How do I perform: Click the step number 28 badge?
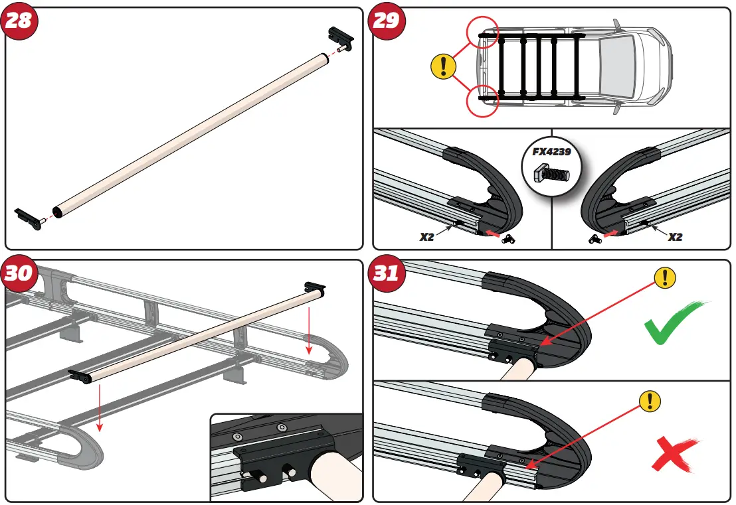click(19, 20)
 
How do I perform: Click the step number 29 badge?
click(387, 20)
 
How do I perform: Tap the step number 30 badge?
click(19, 273)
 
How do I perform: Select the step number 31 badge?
click(387, 273)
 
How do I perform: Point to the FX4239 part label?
click(551, 151)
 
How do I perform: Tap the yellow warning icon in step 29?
click(443, 66)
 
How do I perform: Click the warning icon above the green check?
click(665, 279)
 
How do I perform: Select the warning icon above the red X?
click(650, 401)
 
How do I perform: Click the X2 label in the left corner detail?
click(427, 236)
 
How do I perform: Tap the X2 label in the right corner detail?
click(675, 236)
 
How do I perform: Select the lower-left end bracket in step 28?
click(28, 217)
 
